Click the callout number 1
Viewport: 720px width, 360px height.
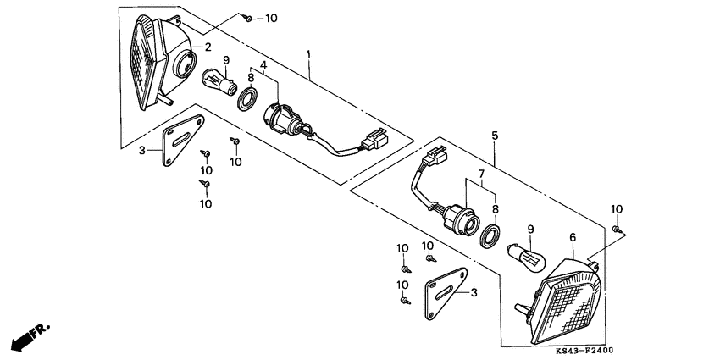pos(310,55)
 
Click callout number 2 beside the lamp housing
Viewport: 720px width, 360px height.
pos(205,47)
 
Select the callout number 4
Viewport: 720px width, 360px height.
pos(264,64)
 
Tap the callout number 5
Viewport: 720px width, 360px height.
pos(495,136)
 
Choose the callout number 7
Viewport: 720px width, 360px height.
pos(480,174)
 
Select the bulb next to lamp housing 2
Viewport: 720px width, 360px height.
pos(222,86)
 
